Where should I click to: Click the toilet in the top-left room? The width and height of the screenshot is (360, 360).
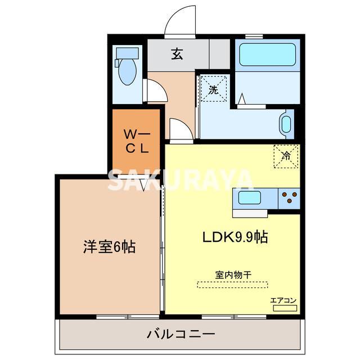click(x=128, y=71)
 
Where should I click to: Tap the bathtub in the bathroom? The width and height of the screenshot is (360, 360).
click(x=268, y=55)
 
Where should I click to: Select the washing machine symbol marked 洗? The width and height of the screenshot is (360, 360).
click(x=214, y=89)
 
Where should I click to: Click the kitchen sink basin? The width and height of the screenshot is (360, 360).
click(x=249, y=198)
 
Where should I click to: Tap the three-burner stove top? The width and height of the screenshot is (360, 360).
click(x=289, y=197)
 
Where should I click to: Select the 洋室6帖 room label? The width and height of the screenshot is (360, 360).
click(x=110, y=246)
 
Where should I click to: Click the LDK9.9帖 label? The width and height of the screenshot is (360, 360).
click(x=235, y=237)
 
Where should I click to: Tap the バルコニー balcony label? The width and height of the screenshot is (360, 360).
click(x=181, y=334)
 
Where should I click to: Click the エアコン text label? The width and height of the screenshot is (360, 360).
click(x=283, y=300)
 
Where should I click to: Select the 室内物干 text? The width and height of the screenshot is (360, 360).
click(x=233, y=274)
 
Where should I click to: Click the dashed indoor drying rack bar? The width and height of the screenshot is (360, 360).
click(x=233, y=285)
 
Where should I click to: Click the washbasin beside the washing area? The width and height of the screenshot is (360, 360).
click(x=286, y=124)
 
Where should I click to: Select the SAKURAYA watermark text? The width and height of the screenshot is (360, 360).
click(x=181, y=179)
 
